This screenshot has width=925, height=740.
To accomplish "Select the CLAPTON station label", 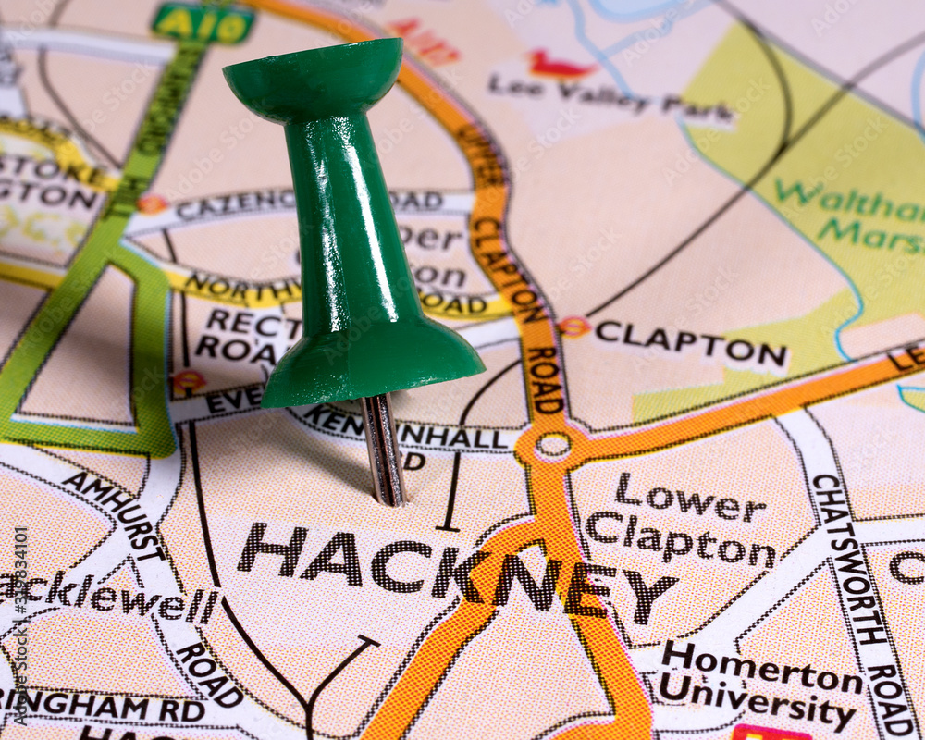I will (x=690, y=343).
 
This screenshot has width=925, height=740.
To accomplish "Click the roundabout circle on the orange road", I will (x=553, y=446).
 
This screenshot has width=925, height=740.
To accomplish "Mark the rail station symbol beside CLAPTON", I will (x=573, y=327).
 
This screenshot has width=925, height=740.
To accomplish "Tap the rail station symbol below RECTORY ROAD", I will (x=189, y=379).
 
